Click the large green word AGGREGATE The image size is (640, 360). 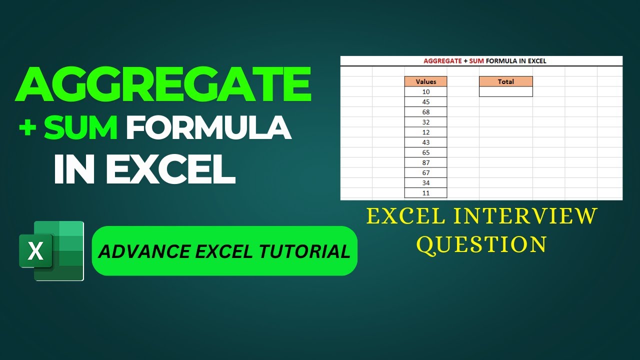point(163,85)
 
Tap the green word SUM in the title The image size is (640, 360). point(81,128)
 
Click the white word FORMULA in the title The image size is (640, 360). point(208,128)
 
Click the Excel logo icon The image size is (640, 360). point(51,250)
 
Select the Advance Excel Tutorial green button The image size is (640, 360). point(224,251)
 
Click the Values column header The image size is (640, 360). point(425,81)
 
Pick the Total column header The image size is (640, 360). point(505,81)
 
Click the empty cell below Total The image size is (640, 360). point(505,92)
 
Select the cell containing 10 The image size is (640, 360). point(425,92)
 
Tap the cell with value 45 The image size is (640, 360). point(425,102)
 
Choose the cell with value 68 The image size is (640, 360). point(425,112)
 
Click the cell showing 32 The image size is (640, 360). point(425,122)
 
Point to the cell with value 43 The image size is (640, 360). point(425,142)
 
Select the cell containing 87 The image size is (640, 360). point(425,162)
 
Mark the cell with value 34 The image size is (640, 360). point(425,183)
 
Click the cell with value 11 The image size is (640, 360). point(425,193)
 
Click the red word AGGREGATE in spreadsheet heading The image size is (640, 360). point(442,61)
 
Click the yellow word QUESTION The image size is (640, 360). point(482,244)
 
